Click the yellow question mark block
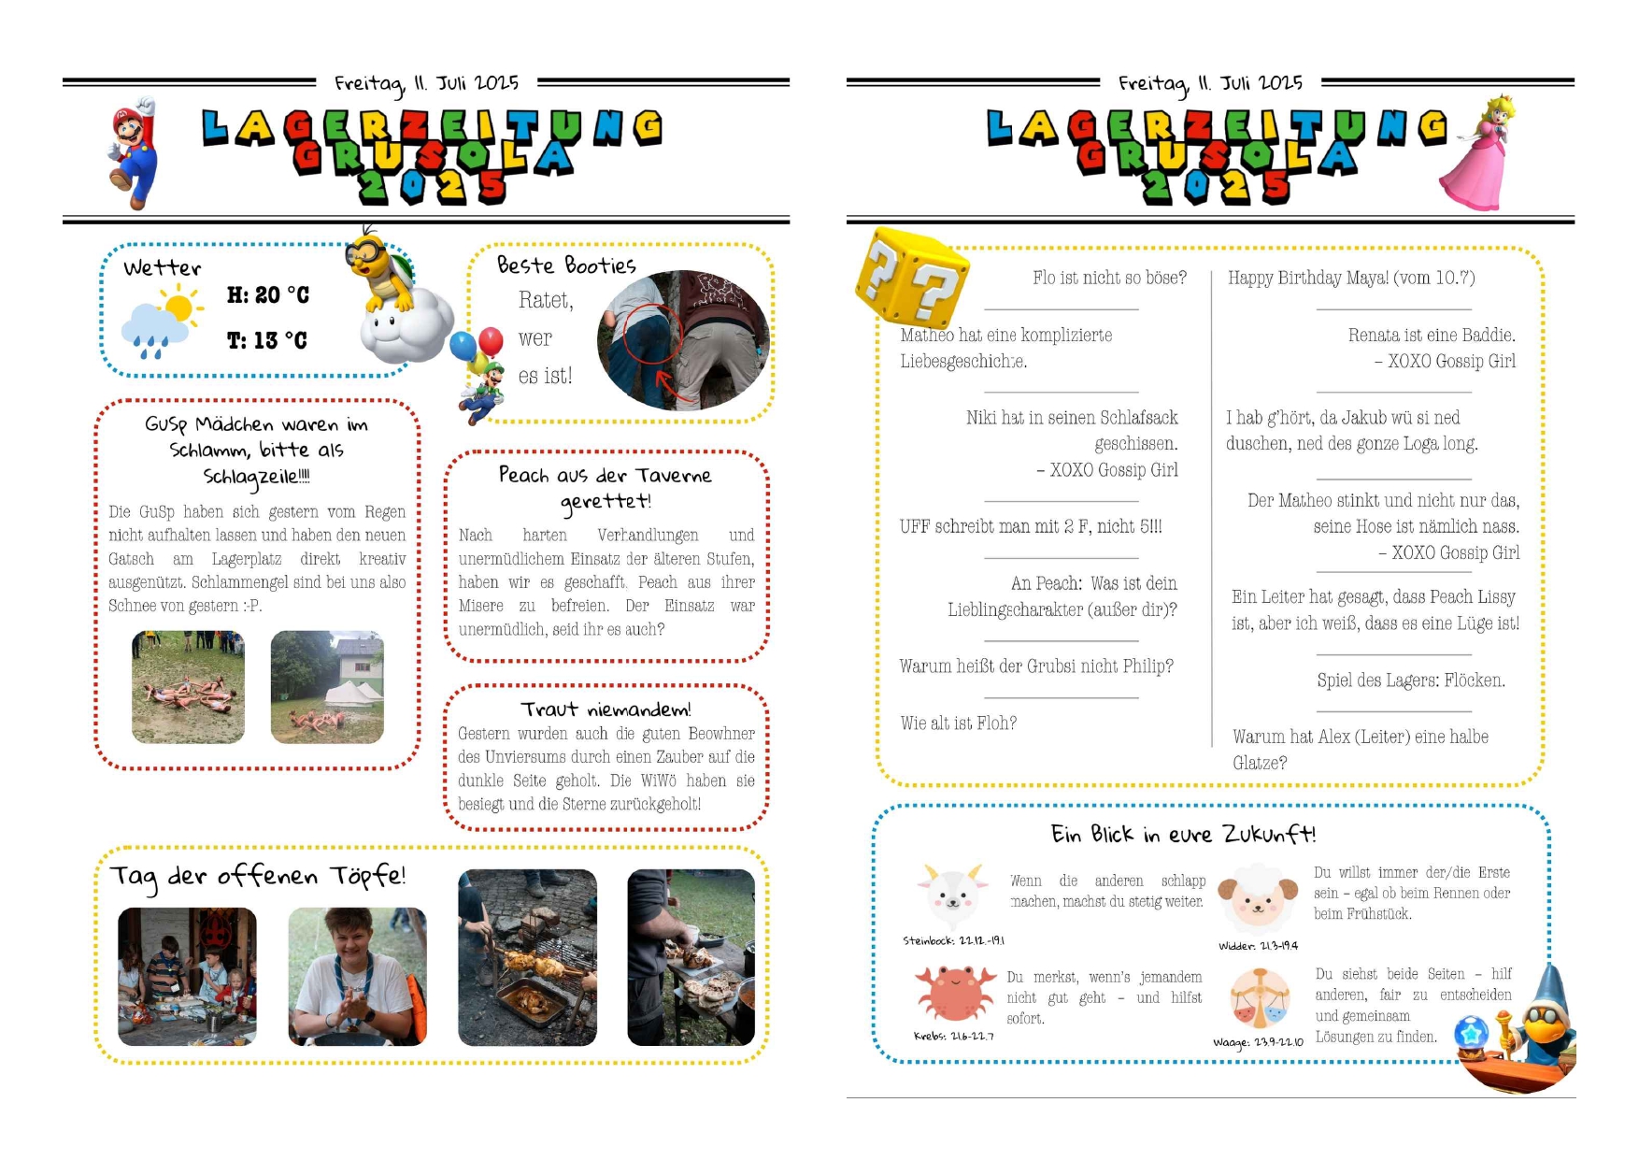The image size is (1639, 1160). (x=912, y=278)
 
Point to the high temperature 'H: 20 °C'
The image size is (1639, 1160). (x=268, y=295)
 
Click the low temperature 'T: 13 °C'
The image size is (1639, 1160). (x=267, y=340)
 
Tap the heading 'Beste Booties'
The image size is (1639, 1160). (x=566, y=266)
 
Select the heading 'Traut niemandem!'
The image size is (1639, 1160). (x=606, y=709)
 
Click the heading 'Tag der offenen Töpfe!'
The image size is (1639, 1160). (x=258, y=877)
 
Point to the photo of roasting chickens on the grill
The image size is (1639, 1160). (x=527, y=958)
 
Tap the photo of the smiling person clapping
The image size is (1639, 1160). (x=357, y=977)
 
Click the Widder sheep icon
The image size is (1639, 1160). (x=1258, y=897)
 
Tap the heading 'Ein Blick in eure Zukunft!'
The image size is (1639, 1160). (x=1182, y=835)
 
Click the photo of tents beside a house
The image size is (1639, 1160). (x=327, y=687)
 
